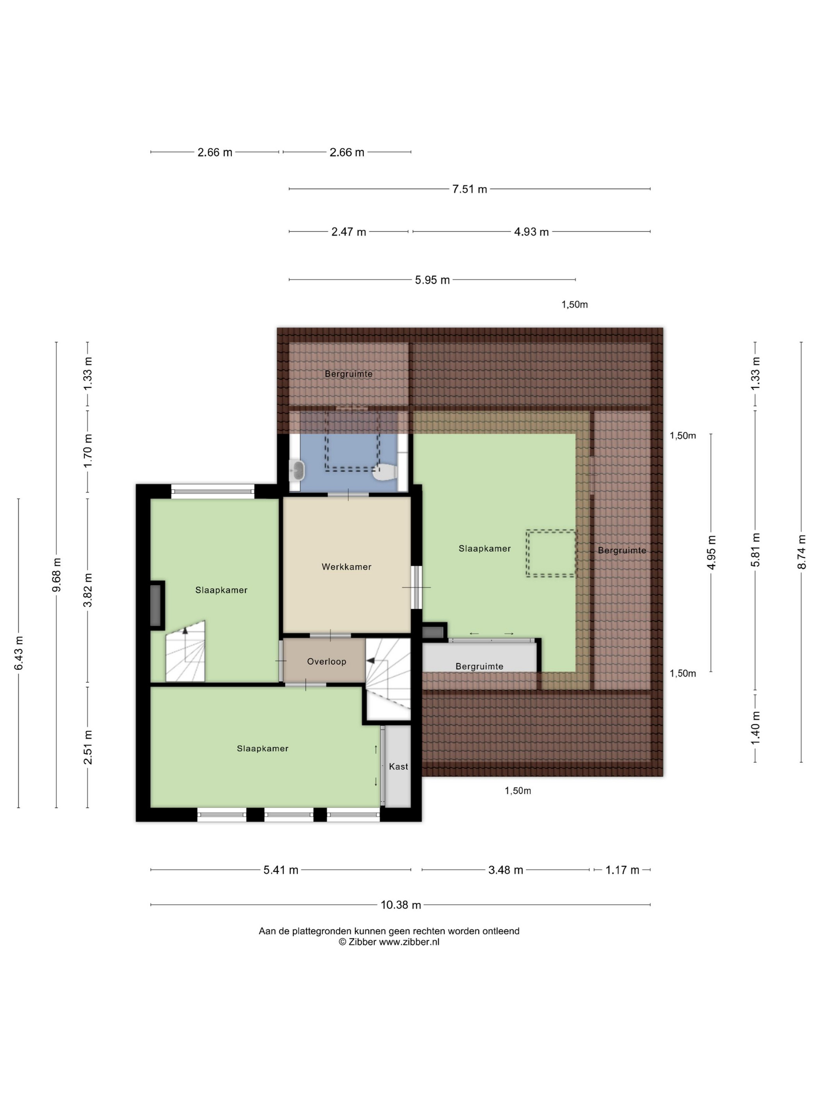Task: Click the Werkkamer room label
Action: (x=346, y=567)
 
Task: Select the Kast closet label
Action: (x=398, y=766)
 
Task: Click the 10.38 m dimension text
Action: (x=401, y=905)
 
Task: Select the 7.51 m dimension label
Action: (x=470, y=189)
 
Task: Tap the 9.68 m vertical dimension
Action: (x=57, y=575)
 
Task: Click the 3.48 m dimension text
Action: (x=506, y=870)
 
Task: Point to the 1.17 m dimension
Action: (x=622, y=870)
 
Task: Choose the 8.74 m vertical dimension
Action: (x=802, y=552)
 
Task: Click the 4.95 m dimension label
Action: (x=712, y=552)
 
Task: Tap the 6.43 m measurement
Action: (x=19, y=653)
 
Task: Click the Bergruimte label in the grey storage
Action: (x=479, y=666)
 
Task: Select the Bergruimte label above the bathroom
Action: (x=348, y=374)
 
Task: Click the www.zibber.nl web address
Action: (x=409, y=942)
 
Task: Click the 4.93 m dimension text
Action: (x=531, y=232)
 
